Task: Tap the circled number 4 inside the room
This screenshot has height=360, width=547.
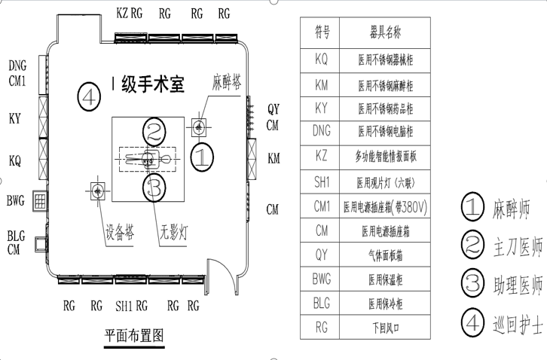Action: (x=89, y=96)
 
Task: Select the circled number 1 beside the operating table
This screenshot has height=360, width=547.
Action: (x=203, y=157)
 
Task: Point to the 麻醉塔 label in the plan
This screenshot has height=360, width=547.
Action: (x=227, y=81)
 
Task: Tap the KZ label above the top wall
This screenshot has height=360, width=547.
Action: (x=122, y=13)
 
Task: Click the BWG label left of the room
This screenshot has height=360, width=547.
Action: (x=16, y=200)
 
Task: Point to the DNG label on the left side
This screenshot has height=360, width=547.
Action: (x=17, y=65)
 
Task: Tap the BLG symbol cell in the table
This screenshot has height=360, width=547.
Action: (x=321, y=304)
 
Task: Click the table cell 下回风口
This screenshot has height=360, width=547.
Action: (x=385, y=328)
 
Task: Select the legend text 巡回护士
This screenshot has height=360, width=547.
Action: (x=517, y=325)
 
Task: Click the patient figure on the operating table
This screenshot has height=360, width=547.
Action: (x=148, y=159)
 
